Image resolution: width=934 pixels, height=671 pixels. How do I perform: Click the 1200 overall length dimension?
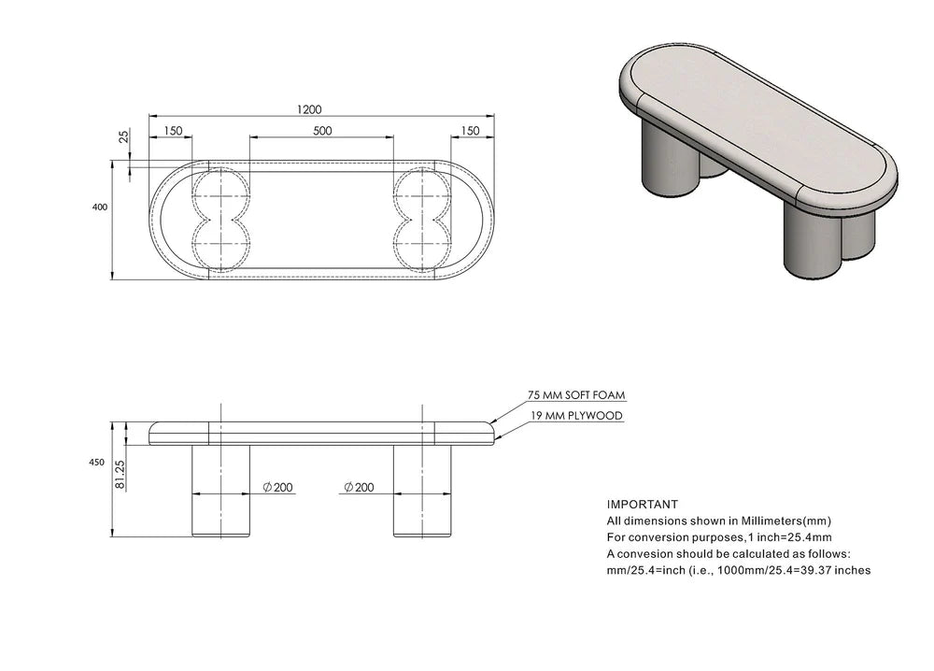pos(309,109)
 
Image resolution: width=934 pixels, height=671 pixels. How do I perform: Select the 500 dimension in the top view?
pos(322,131)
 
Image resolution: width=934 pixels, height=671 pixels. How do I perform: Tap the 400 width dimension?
pos(100,207)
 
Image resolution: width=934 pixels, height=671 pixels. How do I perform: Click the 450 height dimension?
pos(97,462)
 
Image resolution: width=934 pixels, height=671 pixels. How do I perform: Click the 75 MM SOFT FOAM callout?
pos(576,395)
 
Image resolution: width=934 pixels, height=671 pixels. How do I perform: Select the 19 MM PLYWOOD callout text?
pos(575,415)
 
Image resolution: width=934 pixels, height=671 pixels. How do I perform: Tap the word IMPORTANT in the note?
pos(643,504)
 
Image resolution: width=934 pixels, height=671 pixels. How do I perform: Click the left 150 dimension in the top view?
pos(173,131)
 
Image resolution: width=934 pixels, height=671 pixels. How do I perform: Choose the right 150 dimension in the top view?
pos(470,131)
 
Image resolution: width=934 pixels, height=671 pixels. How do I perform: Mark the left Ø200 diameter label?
pos(277,487)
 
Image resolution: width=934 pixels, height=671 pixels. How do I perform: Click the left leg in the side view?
pos(221,491)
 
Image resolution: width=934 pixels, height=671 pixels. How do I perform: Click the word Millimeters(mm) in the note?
pos(780,521)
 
